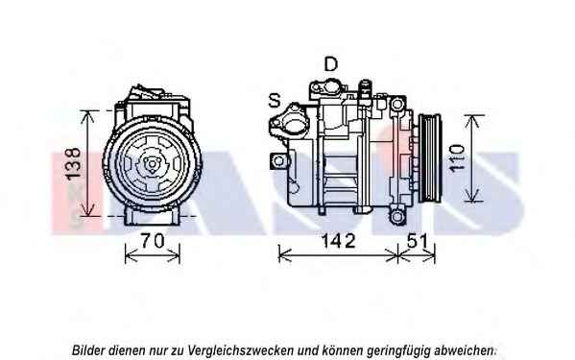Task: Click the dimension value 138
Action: [73, 163]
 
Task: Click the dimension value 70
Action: [153, 241]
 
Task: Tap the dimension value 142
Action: [338, 241]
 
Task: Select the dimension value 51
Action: [418, 241]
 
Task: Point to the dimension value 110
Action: [457, 158]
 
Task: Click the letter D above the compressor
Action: [331, 64]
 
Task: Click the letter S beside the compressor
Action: [275, 100]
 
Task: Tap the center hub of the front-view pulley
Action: [151, 164]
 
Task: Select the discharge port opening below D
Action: [331, 87]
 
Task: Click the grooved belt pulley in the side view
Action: [430, 158]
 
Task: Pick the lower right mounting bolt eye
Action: [397, 217]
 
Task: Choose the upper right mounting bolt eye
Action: [396, 105]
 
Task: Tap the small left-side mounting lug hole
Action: [279, 161]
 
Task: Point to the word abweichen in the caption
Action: [465, 350]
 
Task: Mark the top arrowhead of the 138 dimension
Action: [87, 116]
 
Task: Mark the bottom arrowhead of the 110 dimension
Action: [472, 195]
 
